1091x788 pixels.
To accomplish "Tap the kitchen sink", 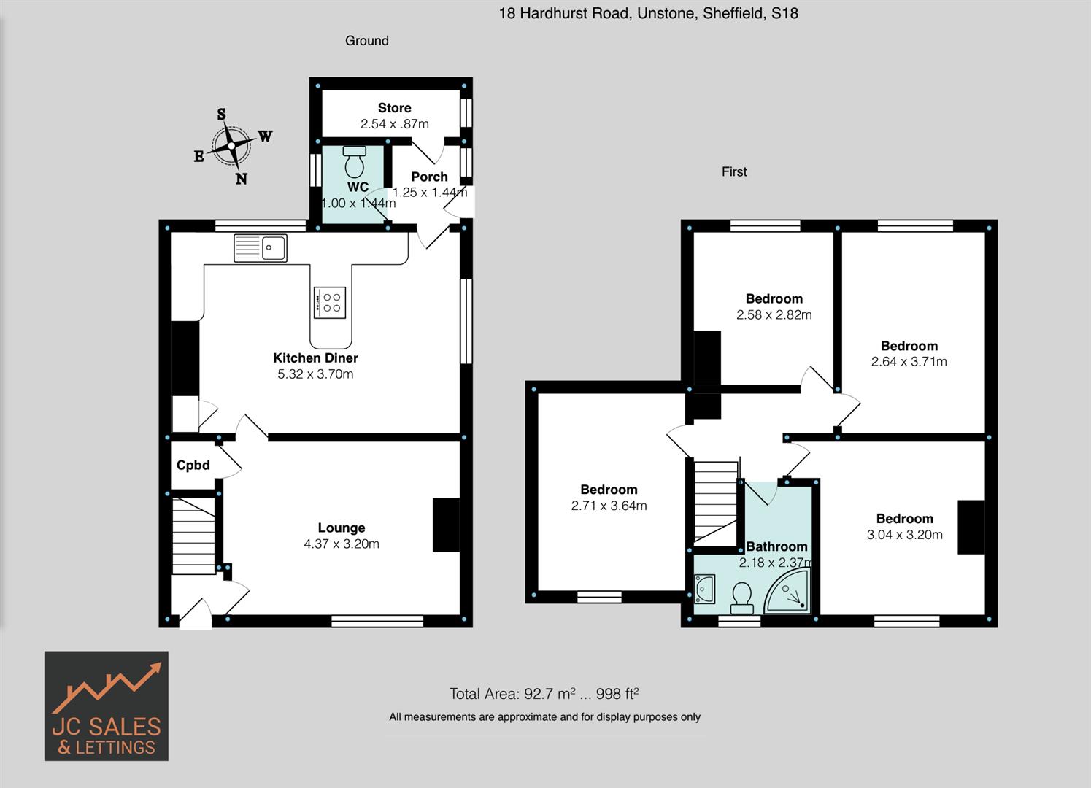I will (261, 248).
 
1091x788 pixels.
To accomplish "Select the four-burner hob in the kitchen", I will (330, 302).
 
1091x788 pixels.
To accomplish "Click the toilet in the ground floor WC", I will (355, 161).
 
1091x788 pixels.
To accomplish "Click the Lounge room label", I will (341, 528).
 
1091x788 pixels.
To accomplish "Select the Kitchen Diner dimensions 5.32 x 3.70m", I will (315, 374).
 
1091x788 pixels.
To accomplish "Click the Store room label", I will (394, 108).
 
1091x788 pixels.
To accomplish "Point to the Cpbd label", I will (193, 466).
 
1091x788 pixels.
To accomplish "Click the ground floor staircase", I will (194, 536).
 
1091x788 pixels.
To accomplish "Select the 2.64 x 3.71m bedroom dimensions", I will (909, 362).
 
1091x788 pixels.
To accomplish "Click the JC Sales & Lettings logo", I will (107, 706).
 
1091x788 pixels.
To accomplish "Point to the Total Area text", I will (544, 694).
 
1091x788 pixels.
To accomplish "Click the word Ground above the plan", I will (366, 41).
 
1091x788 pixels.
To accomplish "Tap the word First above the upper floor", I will (734, 171).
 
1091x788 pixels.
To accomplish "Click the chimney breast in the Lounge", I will (446, 525).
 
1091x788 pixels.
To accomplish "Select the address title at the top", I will (648, 13).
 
